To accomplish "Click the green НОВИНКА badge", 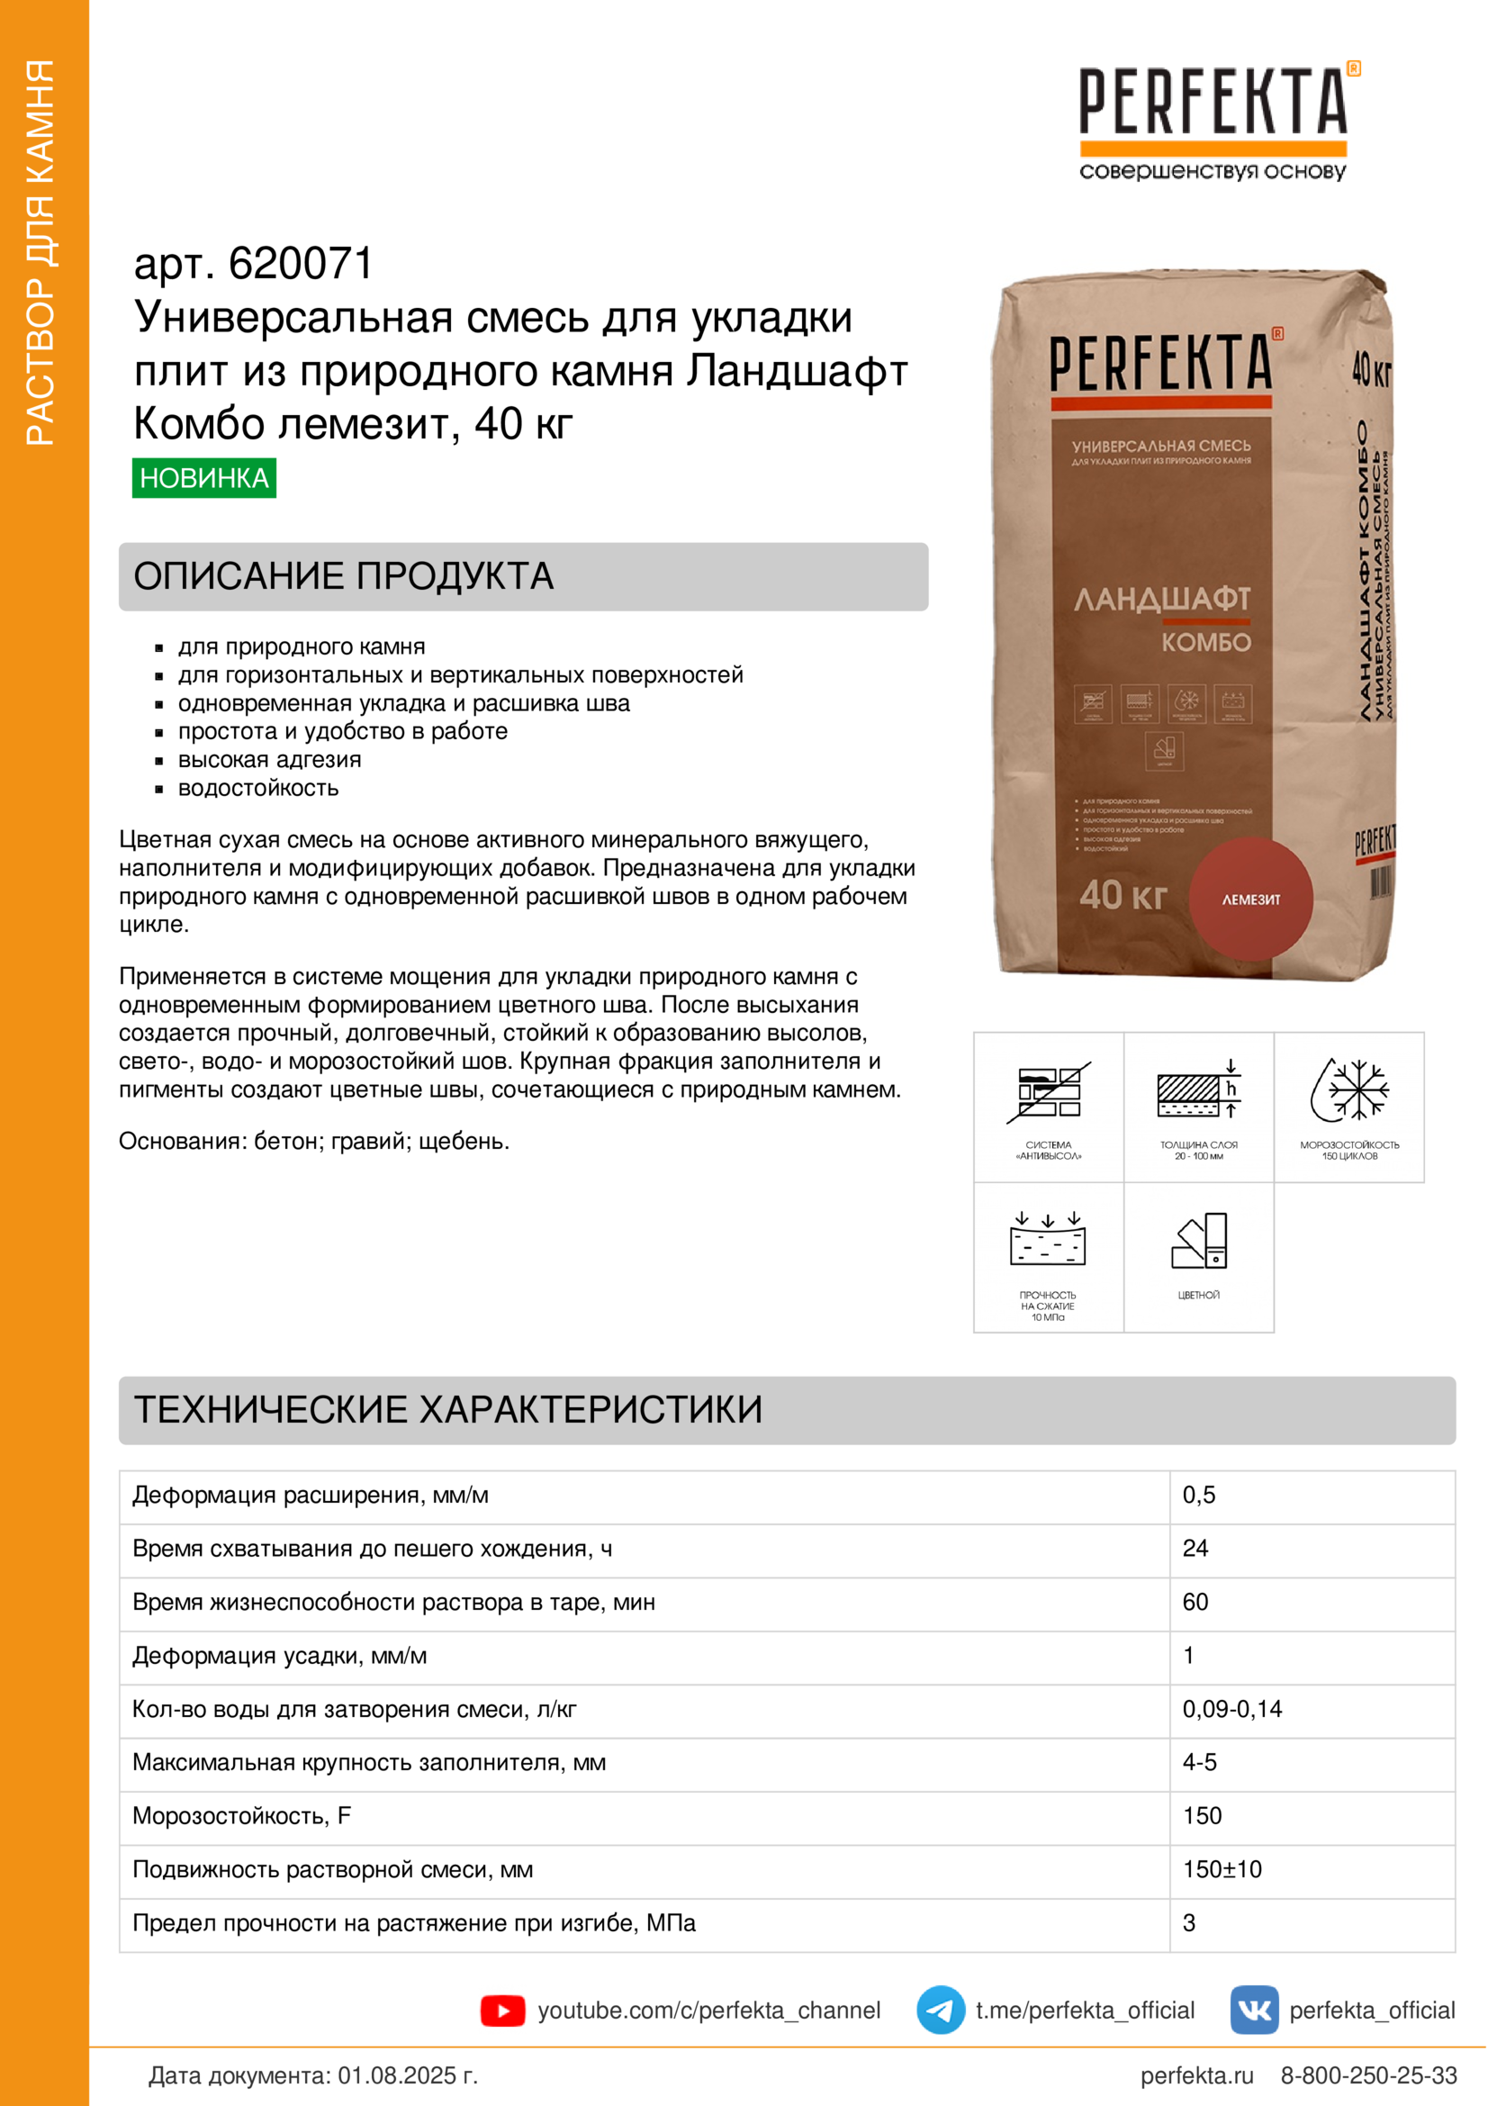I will pyautogui.click(x=203, y=478).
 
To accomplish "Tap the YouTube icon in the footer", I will pyautogui.click(x=502, y=2011).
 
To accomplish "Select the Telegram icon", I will pyautogui.click(x=940, y=2010).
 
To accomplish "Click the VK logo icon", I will pyautogui.click(x=1253, y=2010).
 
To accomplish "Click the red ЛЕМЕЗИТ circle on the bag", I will pyautogui.click(x=1250, y=899).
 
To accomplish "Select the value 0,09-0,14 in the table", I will pyautogui.click(x=1231, y=1709).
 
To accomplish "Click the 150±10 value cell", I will pyautogui.click(x=1222, y=1869).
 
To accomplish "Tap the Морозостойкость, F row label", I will pyautogui.click(x=241, y=1816).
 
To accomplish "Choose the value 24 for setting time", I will pyautogui.click(x=1195, y=1549).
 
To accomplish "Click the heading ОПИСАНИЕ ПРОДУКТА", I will pyautogui.click(x=343, y=576).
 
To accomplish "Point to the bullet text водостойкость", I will pyautogui.click(x=257, y=788).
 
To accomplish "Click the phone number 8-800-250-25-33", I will pyautogui.click(x=1368, y=2075).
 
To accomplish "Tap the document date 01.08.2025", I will pyautogui.click(x=407, y=2075).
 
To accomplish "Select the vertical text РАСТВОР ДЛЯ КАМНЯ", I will pyautogui.click(x=41, y=252).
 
